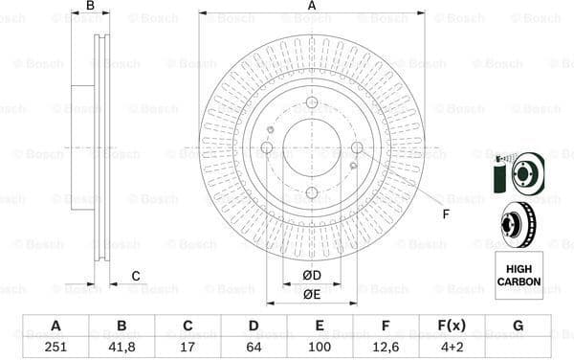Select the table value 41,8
[121, 347]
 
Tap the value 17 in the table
[188, 347]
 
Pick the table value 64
[254, 347]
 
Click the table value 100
[320, 347]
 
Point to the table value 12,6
[386, 347]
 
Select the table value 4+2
[452, 347]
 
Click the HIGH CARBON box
[518, 275]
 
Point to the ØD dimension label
[312, 277]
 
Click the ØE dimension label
[312, 294]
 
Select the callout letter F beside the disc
[445, 214]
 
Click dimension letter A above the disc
[312, 6]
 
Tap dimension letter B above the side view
[90, 6]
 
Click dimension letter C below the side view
[136, 276]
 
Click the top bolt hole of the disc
[312, 103]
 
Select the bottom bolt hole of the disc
[312, 192]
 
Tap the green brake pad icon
[497, 178]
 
